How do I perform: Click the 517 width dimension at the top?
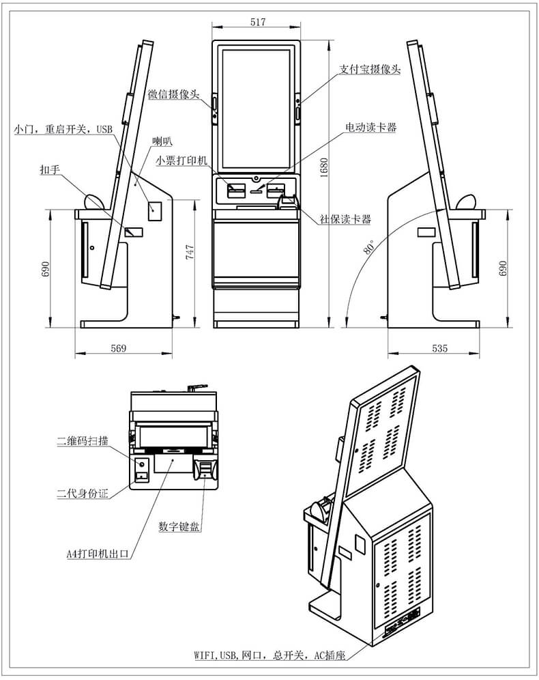(257, 22)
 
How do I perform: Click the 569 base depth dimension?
(119, 348)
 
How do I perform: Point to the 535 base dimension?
(440, 348)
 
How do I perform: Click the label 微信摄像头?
(174, 94)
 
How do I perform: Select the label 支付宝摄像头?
(370, 70)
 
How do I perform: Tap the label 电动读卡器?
(371, 128)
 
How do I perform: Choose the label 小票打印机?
(181, 160)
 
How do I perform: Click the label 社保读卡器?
(346, 219)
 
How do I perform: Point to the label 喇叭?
(162, 141)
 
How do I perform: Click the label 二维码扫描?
(82, 441)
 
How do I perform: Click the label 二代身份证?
(82, 492)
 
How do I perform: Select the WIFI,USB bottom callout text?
(269, 655)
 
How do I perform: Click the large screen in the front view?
(257, 109)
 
